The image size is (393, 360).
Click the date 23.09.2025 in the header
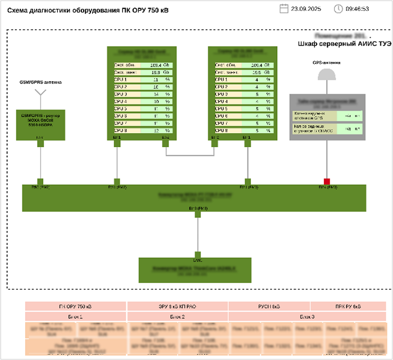click(x=307, y=9)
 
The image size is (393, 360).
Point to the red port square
click(x=326, y=181)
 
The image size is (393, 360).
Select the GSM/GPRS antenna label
click(x=40, y=83)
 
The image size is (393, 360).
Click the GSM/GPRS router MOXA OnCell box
click(x=40, y=122)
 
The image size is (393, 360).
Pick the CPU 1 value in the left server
click(x=155, y=80)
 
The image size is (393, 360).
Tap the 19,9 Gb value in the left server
click(x=155, y=72)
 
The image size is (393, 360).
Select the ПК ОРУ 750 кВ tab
click(x=76, y=307)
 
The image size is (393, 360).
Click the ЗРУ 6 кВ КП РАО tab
click(x=177, y=307)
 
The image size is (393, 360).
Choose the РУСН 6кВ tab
click(x=277, y=307)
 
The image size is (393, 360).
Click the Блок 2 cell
click(x=177, y=317)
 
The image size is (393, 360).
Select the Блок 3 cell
click(x=307, y=317)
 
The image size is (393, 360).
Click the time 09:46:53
click(x=358, y=9)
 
